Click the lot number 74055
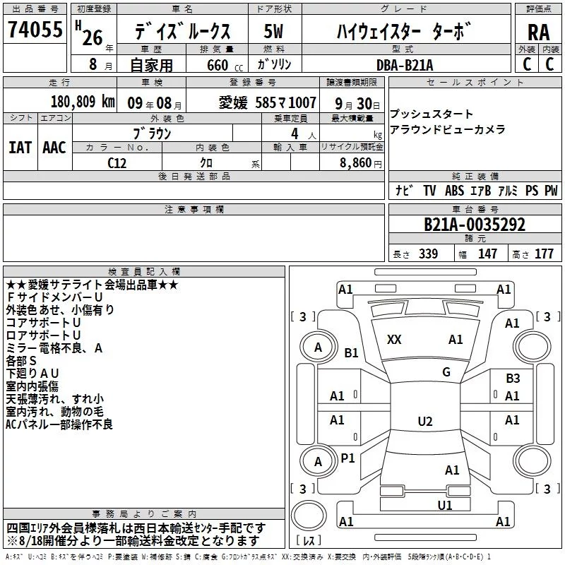(x=35, y=30)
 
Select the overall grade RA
(x=539, y=32)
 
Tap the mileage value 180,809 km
(x=83, y=102)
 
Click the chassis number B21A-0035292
(x=475, y=225)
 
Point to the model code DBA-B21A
(x=405, y=65)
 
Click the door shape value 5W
(x=273, y=31)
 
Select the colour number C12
(x=117, y=163)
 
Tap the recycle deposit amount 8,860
(x=356, y=163)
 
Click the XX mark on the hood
(x=394, y=340)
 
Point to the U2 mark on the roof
(x=425, y=421)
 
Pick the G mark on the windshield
(x=446, y=371)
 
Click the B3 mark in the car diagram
(x=513, y=379)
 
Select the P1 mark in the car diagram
(x=347, y=458)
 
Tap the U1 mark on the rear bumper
(x=445, y=505)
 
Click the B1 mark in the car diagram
(x=351, y=352)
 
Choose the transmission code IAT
(x=20, y=148)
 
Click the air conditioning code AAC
(x=54, y=148)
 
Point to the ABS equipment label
(x=454, y=191)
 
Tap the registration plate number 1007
(x=302, y=103)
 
